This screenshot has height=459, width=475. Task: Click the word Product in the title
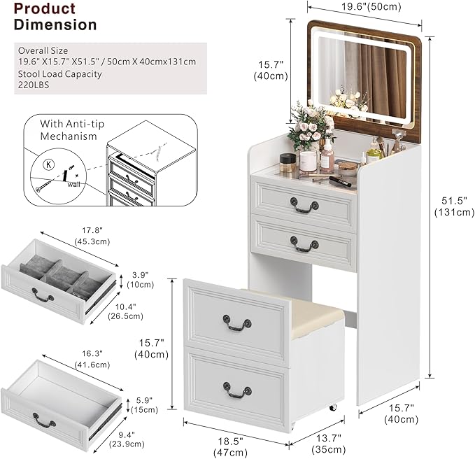pyautogui.click(x=44, y=9)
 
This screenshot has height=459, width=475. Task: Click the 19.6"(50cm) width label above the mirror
pyautogui.click(x=364, y=7)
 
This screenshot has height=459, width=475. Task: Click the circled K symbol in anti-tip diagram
pyautogui.click(x=46, y=164)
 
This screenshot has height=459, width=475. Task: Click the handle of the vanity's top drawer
pyautogui.click(x=304, y=206)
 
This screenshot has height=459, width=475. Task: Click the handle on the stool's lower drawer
pyautogui.click(x=236, y=389)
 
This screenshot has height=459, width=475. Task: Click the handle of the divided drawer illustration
pyautogui.click(x=43, y=297)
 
